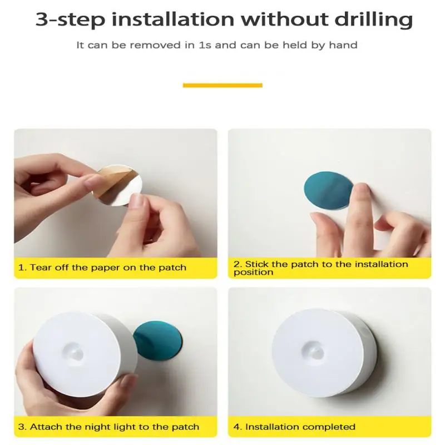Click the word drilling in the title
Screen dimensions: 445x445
point(373,20)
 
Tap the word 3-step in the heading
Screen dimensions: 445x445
point(70,21)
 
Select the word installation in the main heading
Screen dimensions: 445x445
point(173,19)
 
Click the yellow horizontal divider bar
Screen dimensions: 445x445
point(222,86)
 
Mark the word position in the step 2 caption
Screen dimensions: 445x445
point(254,273)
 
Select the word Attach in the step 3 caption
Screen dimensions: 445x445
point(46,427)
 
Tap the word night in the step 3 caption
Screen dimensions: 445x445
point(98,427)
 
